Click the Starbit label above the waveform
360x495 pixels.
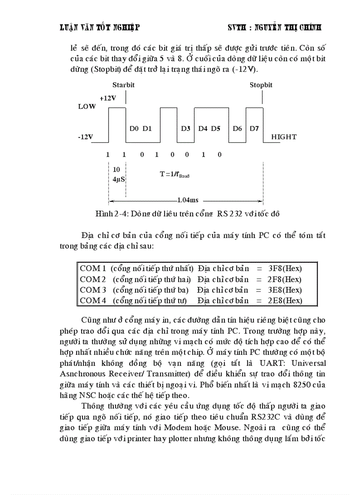123,85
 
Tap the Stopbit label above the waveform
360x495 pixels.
261,85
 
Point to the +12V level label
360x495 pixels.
108,98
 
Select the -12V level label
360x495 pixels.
86,137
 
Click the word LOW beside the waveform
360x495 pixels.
86,107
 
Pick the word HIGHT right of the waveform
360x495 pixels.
284,137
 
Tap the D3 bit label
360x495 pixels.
186,128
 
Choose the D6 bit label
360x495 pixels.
237,128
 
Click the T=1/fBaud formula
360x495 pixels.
174,174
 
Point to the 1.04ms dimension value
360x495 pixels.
187,200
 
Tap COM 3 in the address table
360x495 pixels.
93,290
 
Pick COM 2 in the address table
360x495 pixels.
93,279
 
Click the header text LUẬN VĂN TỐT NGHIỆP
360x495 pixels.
100,28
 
